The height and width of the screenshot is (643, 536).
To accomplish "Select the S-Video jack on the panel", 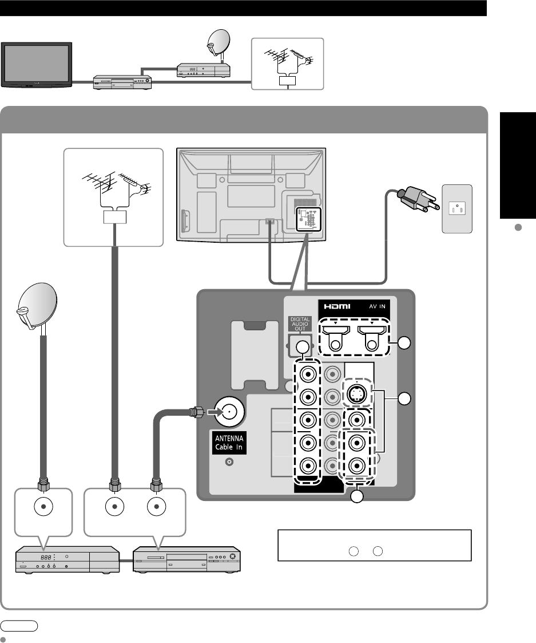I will [358, 393].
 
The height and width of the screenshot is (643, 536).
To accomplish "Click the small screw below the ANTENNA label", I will [229, 461].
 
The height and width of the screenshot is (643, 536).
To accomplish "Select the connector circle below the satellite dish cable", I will [42, 506].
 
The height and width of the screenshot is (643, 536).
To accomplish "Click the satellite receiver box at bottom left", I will [66, 559].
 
